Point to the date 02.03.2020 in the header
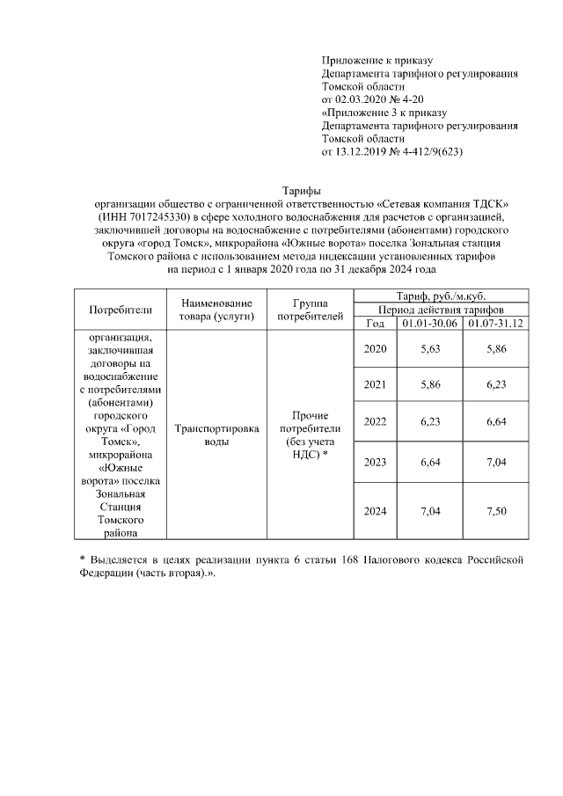(362, 100)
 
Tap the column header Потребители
(121, 309)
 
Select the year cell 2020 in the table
(376, 349)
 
